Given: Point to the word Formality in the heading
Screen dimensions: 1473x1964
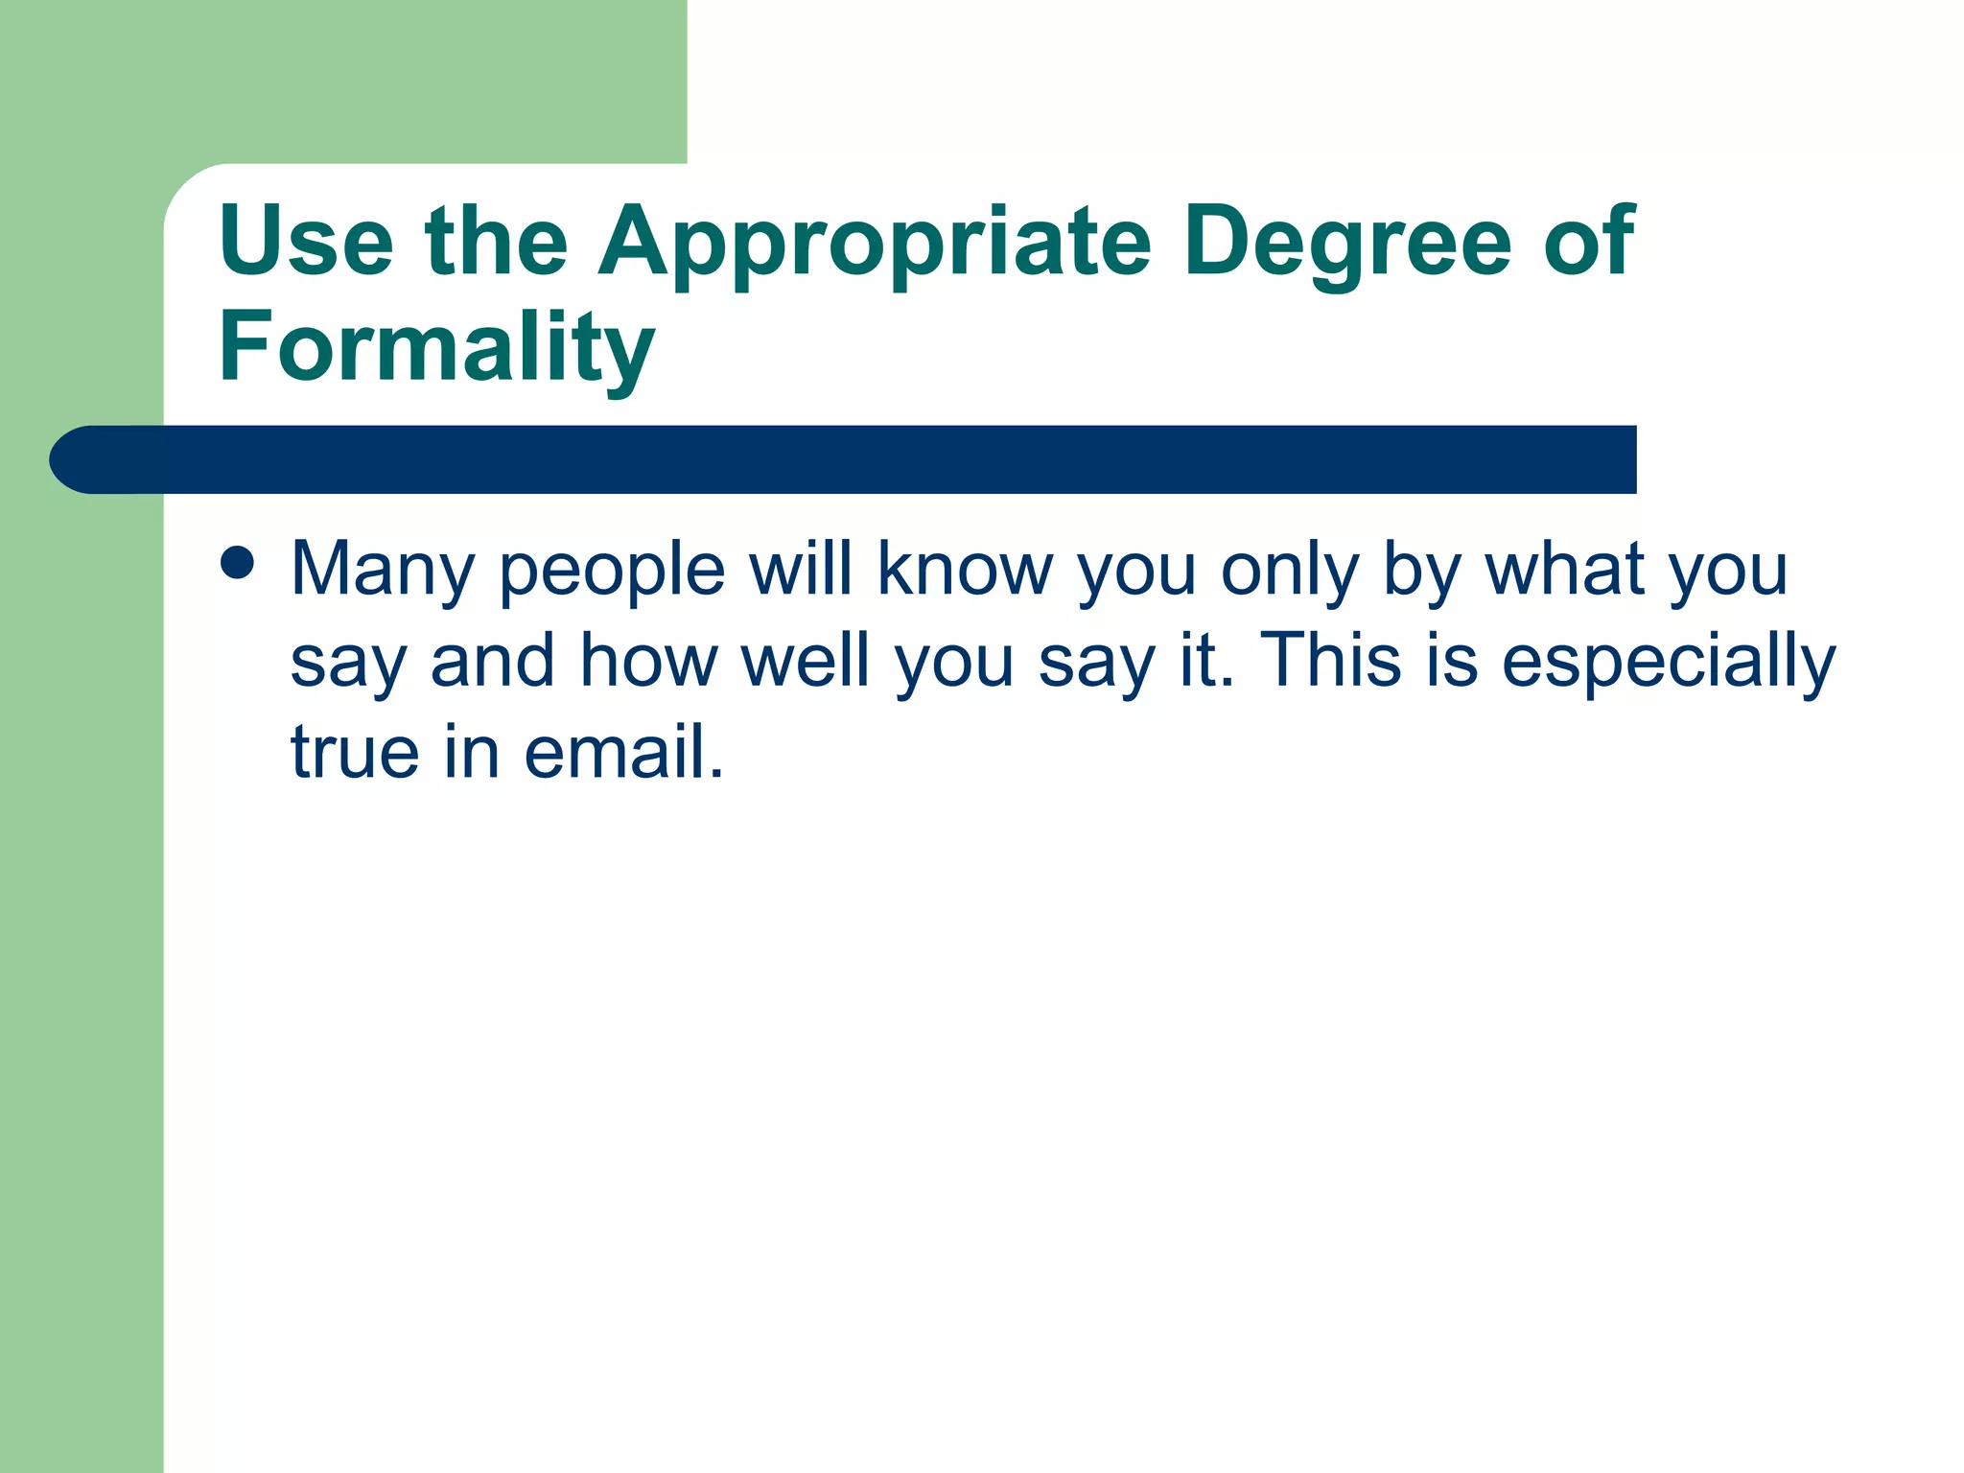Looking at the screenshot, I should click(x=436, y=347).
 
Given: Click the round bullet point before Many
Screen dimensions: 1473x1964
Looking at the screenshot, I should click(x=237, y=563).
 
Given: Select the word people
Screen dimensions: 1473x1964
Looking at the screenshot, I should click(x=612, y=571).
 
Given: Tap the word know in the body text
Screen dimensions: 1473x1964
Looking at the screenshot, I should click(x=965, y=569).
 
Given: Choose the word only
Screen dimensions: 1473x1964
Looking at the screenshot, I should click(x=1289, y=571).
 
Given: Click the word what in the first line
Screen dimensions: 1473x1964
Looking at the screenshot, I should click(x=1565, y=569).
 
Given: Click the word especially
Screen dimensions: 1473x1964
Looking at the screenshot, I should click(x=1668, y=663).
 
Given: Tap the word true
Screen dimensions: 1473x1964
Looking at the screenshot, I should click(x=355, y=752).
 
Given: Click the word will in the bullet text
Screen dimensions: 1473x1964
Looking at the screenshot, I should click(x=801, y=569).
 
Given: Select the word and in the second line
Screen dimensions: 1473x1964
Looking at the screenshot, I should click(x=493, y=661).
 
